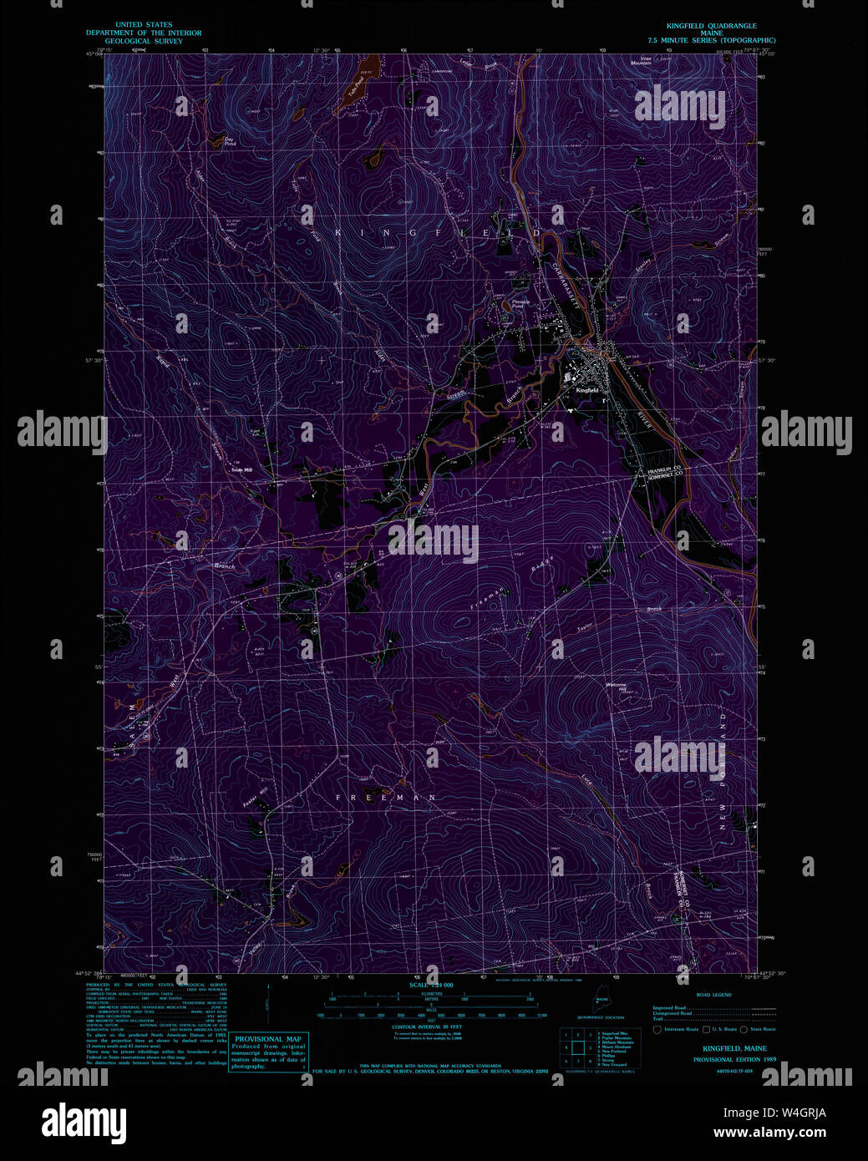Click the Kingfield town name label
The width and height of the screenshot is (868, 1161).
pos(586,390)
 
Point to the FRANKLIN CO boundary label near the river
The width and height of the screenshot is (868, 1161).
pos(665,470)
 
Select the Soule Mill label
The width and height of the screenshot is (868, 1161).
pos(241,469)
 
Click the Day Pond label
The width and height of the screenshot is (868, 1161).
pos(230,142)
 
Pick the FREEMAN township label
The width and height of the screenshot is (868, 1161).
pos(385,798)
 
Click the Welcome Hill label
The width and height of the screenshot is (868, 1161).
pos(616,687)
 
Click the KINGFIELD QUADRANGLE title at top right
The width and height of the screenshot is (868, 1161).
pos(711,26)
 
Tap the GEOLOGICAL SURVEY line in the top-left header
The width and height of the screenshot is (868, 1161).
pos(144,41)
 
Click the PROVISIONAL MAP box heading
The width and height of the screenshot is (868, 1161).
pos(267,1039)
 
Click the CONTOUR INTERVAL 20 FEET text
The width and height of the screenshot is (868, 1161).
pos(426,1027)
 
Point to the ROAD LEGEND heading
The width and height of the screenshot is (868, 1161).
pos(713,995)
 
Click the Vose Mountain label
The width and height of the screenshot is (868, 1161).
pos(641,61)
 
